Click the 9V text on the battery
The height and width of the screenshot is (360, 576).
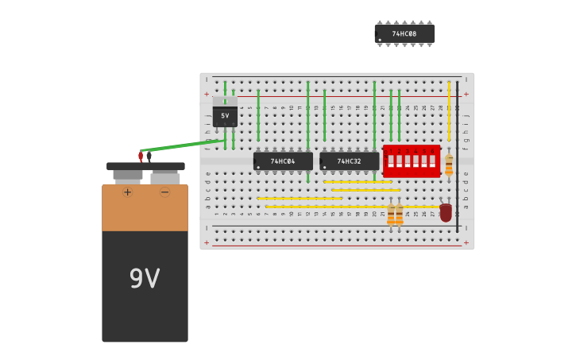[x=145, y=279]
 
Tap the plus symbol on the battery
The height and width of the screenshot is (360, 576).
[x=127, y=192]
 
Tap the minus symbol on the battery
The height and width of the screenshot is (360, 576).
[x=164, y=192]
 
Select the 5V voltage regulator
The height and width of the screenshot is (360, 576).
[x=225, y=116]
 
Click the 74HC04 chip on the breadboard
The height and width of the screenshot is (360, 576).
[x=283, y=161]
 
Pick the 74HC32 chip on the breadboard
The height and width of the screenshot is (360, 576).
[x=349, y=161]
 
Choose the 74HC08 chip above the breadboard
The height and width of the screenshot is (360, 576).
[x=404, y=33]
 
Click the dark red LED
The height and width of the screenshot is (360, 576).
[x=446, y=212]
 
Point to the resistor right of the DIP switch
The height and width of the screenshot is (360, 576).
[x=449, y=165]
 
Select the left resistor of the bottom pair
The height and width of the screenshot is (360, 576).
[x=391, y=214]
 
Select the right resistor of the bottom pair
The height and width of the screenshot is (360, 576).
[x=400, y=214]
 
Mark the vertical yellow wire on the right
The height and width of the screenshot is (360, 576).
[x=449, y=111]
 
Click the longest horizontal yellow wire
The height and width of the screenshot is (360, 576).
[x=350, y=207]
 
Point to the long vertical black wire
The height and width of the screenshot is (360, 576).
[x=457, y=155]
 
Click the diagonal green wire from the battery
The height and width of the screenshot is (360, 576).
[x=183, y=145]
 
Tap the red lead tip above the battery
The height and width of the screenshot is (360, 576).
[x=141, y=157]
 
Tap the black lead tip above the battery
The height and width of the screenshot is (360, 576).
[x=149, y=157]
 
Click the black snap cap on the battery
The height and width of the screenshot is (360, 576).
[x=145, y=167]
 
